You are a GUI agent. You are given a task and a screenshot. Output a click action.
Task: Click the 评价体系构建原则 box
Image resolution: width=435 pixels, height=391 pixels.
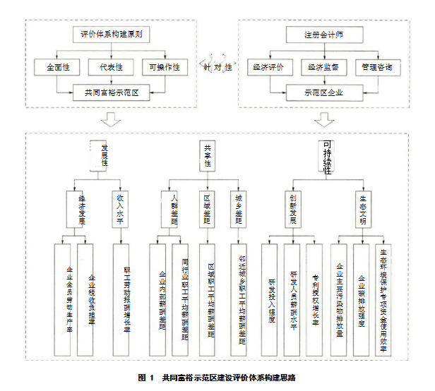(x=112, y=33)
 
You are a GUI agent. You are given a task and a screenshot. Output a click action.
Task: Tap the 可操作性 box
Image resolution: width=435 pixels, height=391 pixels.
(x=164, y=68)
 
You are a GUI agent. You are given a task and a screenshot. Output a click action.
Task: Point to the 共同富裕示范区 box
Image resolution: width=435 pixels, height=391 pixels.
(x=112, y=91)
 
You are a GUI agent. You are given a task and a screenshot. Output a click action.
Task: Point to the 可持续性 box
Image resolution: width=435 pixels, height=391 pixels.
(x=326, y=157)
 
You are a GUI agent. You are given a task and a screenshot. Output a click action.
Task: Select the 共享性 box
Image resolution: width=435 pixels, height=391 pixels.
(x=208, y=157)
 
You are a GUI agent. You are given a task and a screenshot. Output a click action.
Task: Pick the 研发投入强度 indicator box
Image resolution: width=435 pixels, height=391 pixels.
(x=271, y=299)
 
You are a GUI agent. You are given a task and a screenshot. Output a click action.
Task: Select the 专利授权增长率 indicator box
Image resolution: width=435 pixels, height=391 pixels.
(x=315, y=299)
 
